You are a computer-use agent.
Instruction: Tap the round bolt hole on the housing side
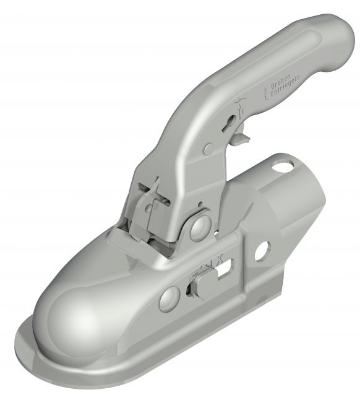click(x=262, y=249)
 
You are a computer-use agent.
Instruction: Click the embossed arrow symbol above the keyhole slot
click(x=240, y=102)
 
